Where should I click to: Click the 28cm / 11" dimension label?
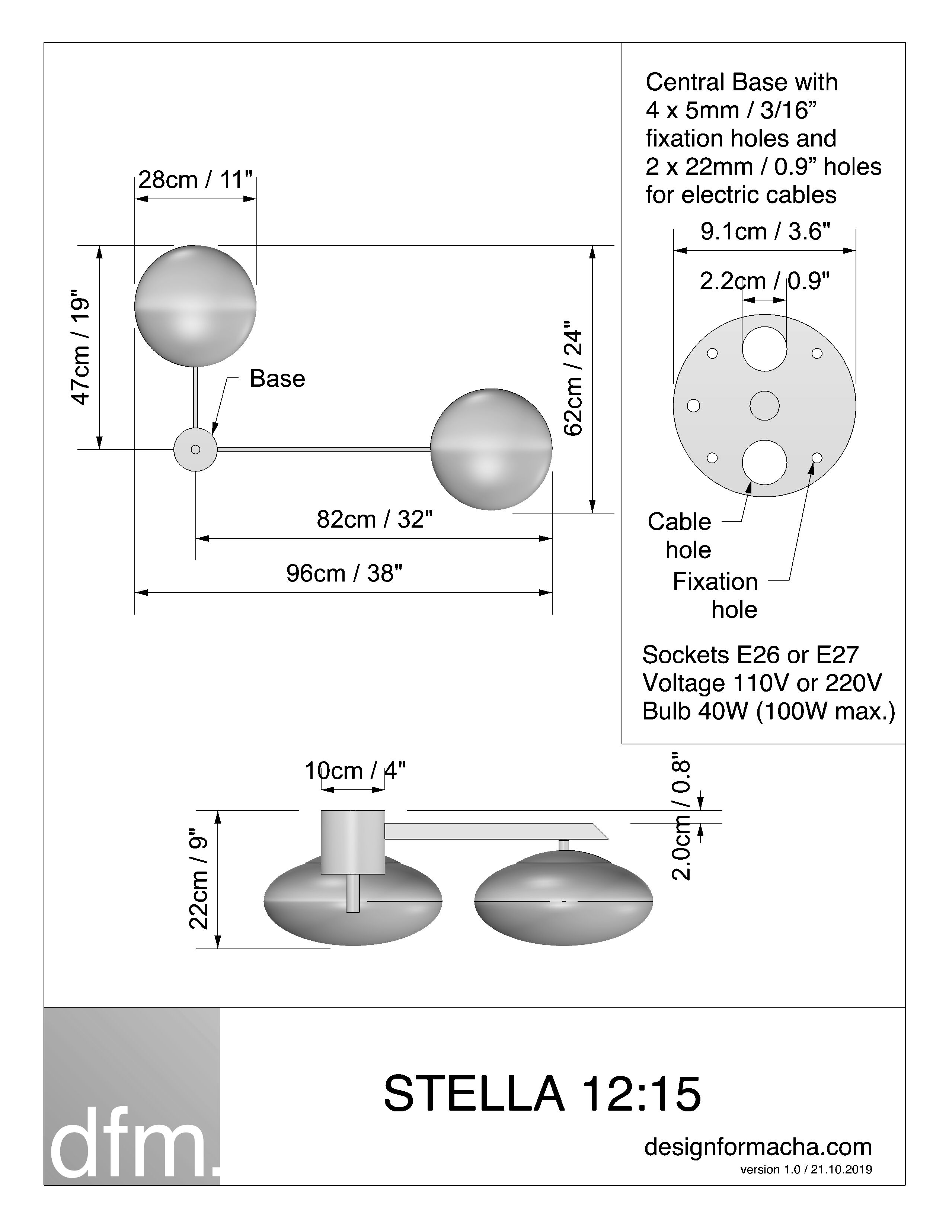point(195,180)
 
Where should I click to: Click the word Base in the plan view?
point(277,379)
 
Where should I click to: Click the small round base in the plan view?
point(195,450)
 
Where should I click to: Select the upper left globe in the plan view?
point(195,306)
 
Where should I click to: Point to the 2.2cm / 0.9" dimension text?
point(765,281)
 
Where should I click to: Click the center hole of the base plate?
point(765,406)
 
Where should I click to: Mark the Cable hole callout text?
point(680,535)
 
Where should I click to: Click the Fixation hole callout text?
point(715,596)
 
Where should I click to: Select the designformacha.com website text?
point(758,1147)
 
